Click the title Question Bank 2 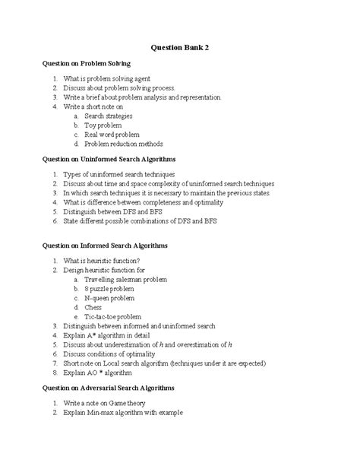pyautogui.click(x=180, y=46)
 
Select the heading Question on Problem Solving pyautogui.click(x=87, y=64)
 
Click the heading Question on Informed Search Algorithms pyautogui.click(x=105, y=246)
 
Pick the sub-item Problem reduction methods pyautogui.click(x=123, y=143)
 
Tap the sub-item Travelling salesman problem pyautogui.click(x=126, y=279)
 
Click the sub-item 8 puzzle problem pyautogui.click(x=111, y=290)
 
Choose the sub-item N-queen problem pyautogui.click(x=111, y=300)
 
